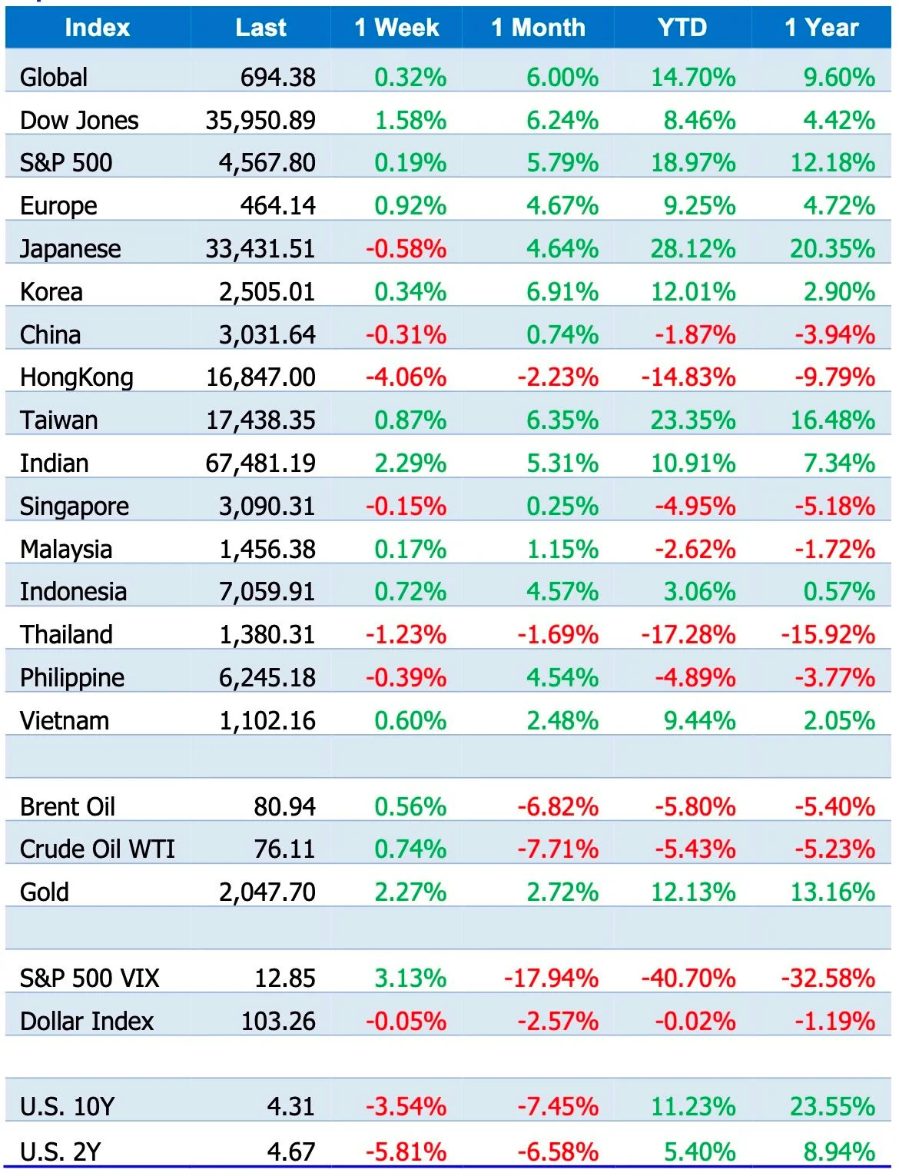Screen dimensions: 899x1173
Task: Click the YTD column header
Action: [682, 28]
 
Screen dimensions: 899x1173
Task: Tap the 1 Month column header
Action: [538, 28]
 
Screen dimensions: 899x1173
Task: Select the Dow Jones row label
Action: [79, 121]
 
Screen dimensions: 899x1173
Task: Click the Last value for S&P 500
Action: [267, 163]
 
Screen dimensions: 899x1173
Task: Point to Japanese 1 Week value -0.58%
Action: [406, 249]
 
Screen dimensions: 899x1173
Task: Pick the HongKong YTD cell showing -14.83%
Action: [688, 377]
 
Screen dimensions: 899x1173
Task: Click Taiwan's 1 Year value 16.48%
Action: [833, 420]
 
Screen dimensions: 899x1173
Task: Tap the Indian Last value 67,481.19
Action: [260, 464]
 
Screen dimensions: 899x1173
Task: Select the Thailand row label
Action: [66, 635]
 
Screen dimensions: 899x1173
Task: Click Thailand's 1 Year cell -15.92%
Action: [828, 635]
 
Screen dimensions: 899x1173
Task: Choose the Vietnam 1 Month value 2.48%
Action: [562, 721]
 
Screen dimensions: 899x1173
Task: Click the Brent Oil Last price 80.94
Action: [285, 807]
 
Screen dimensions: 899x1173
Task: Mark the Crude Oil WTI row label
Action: [97, 849]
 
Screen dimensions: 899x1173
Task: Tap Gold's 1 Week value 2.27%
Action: [410, 892]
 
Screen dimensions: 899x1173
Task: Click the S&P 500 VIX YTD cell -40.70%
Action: [688, 978]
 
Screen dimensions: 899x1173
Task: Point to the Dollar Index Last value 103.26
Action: [278, 1022]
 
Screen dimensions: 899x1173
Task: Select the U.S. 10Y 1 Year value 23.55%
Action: [833, 1107]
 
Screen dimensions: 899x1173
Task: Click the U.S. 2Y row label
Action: [61, 1152]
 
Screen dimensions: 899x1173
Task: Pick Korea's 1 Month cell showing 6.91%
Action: [562, 292]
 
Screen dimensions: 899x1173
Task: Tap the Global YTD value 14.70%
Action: [693, 77]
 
